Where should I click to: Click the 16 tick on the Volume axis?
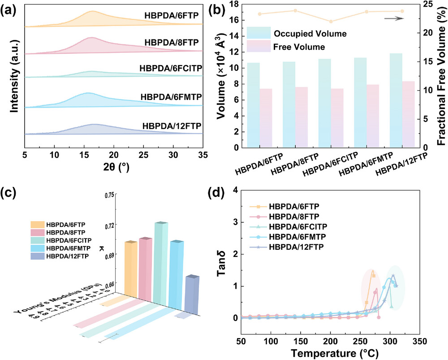tap(241, 20)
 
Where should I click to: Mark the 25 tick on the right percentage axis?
tap(426, 4)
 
